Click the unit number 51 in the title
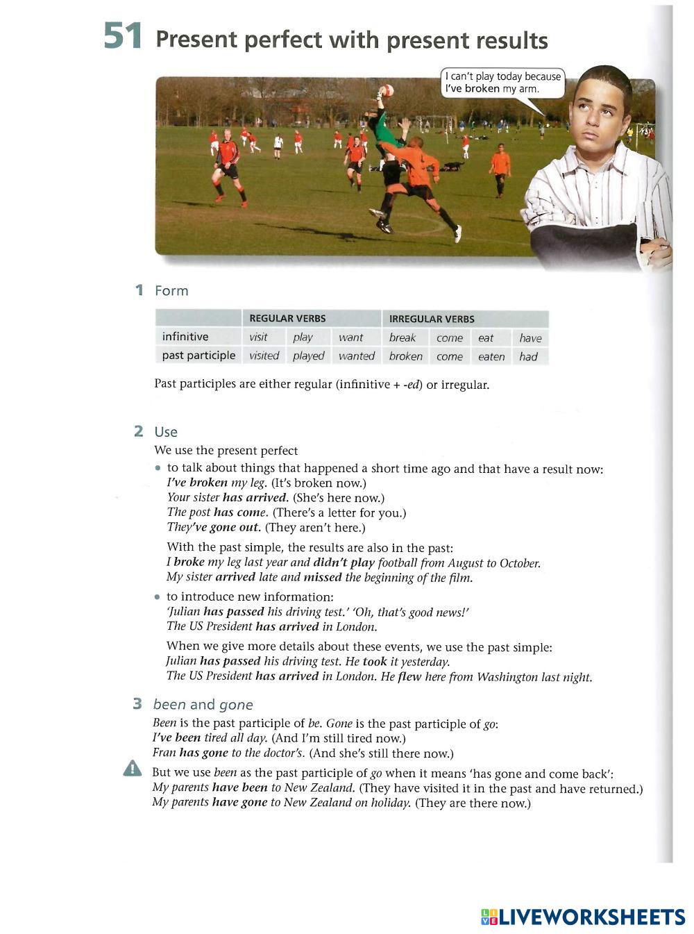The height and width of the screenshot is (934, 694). pos(123,36)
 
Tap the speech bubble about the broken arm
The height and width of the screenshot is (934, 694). pos(502,83)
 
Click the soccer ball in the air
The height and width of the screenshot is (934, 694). pos(387,90)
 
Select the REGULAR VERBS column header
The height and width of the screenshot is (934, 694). pos(287,319)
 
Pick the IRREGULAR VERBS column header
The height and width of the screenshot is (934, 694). pos(432,319)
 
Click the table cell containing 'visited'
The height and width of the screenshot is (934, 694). pos(264,356)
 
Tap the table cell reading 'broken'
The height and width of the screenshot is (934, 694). pos(405,356)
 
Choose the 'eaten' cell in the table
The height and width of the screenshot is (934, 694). pos(491,356)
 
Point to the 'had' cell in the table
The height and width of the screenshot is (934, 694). pos(528,356)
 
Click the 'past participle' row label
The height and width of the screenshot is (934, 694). pos(198,356)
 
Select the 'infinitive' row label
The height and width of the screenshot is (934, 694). pos(185,337)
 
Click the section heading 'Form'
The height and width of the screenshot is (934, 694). pos(171,291)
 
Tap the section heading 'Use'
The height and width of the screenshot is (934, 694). pos(166,432)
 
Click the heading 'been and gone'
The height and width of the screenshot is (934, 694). pos(203,705)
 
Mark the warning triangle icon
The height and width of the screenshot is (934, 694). pos(132,769)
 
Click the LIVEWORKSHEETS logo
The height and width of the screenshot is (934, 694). pos(583,917)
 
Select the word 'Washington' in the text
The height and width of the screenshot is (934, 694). pos(507,677)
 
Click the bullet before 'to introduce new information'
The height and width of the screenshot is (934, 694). pos(158,597)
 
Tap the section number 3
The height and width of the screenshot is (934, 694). pos(137,704)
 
